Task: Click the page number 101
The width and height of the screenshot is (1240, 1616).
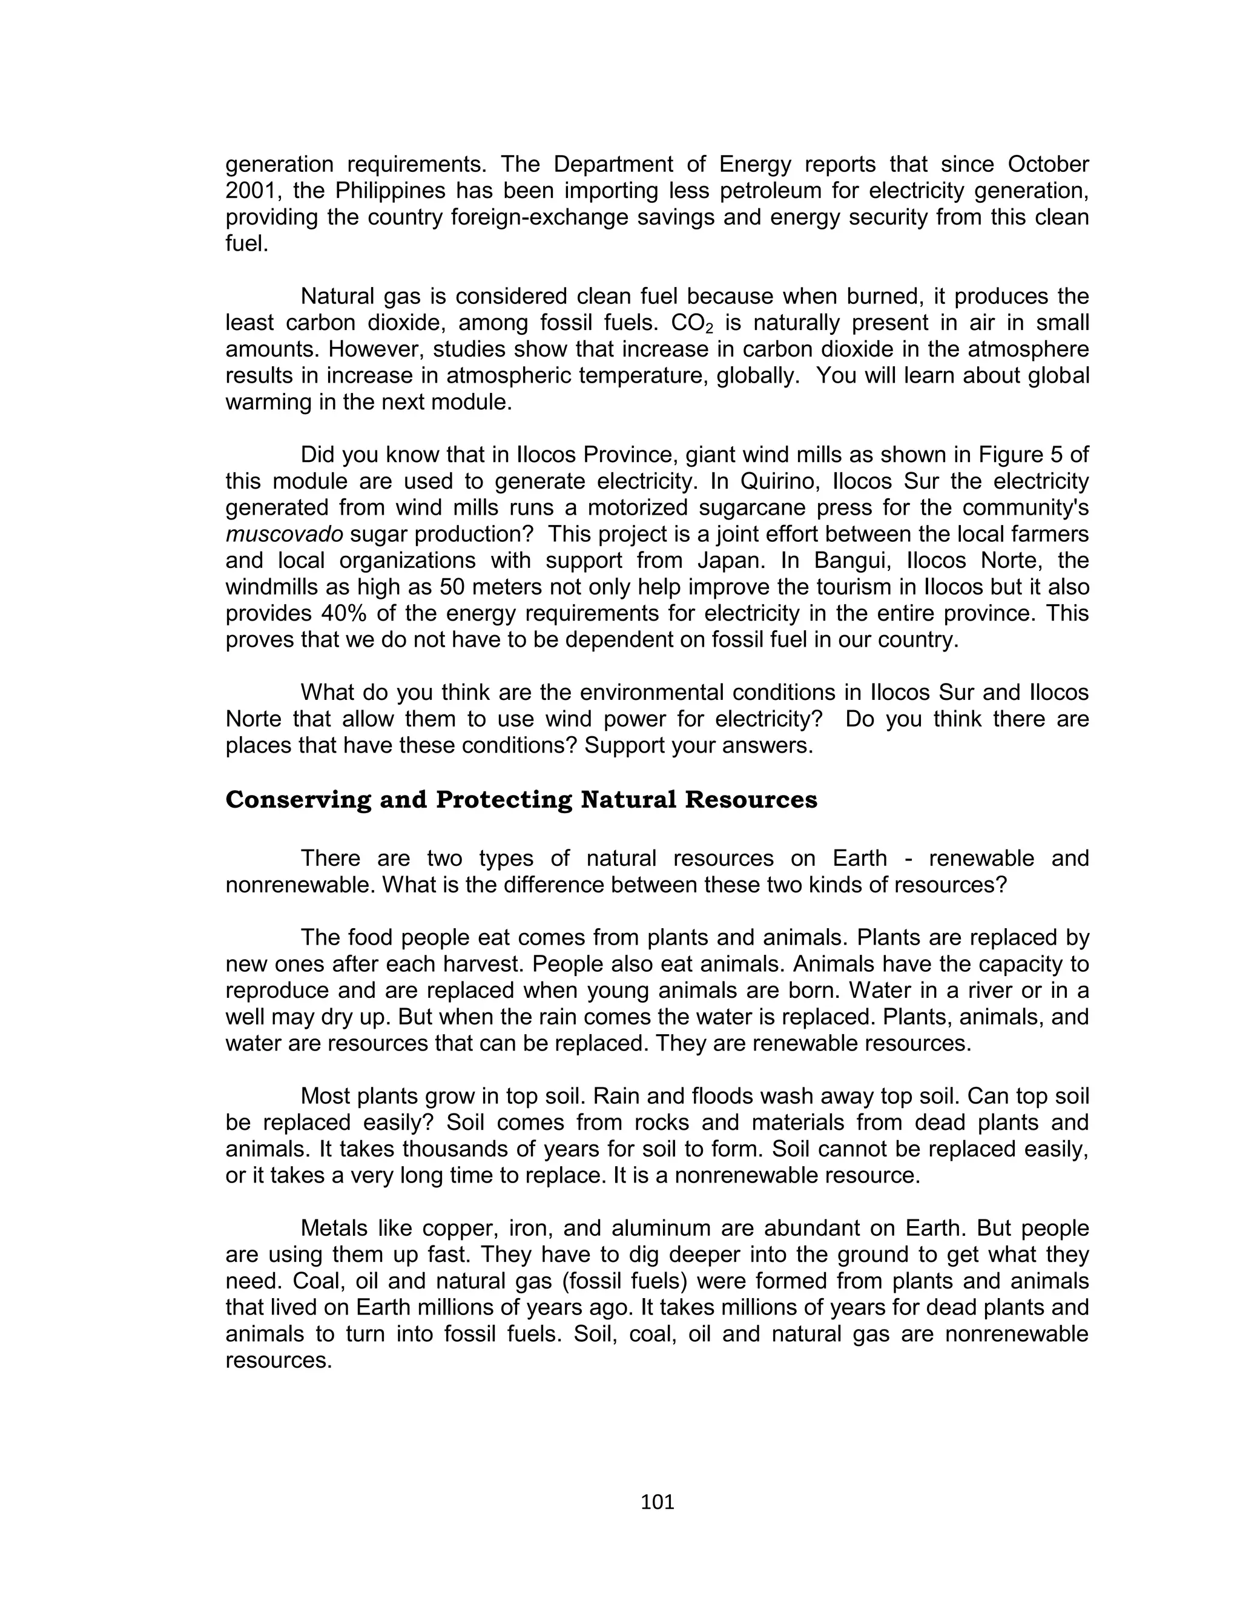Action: (657, 1502)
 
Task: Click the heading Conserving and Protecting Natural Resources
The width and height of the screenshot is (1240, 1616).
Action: (521, 800)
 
